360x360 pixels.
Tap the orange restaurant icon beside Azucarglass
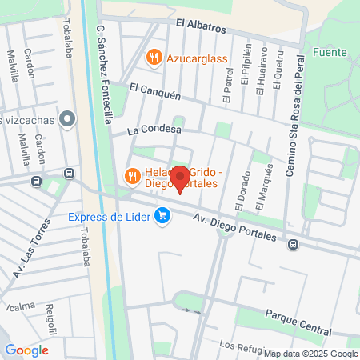[153, 58]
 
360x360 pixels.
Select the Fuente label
[330, 53]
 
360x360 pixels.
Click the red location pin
[181, 179]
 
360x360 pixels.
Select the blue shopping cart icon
[163, 215]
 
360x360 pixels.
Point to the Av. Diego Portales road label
[238, 226]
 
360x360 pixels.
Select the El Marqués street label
[269, 181]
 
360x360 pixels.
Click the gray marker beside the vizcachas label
[68, 121]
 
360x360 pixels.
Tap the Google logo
[26, 350]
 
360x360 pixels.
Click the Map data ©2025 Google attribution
[311, 354]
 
